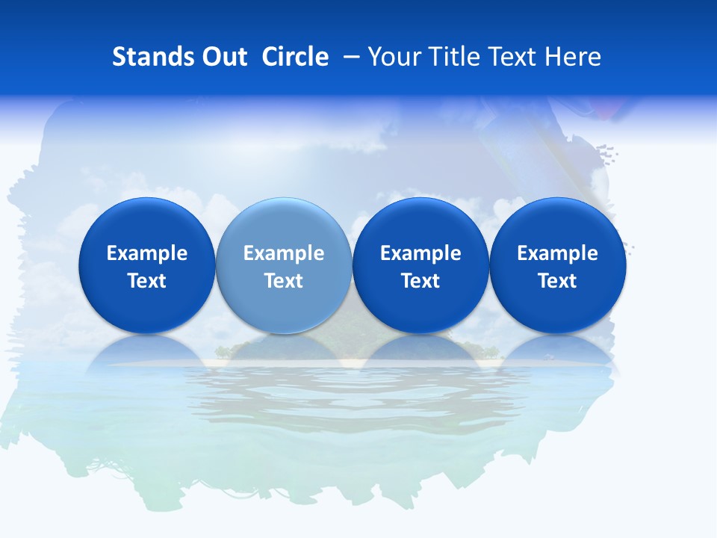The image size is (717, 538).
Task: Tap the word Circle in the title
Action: [x=295, y=57]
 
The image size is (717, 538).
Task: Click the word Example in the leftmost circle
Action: [x=146, y=253]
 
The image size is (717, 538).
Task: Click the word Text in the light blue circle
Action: [x=284, y=281]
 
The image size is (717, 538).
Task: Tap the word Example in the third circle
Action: [x=420, y=253]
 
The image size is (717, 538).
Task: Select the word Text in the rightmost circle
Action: [x=558, y=281]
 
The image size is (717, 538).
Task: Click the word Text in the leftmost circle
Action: [x=146, y=281]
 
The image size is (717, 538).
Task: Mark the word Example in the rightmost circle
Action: [x=558, y=253]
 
